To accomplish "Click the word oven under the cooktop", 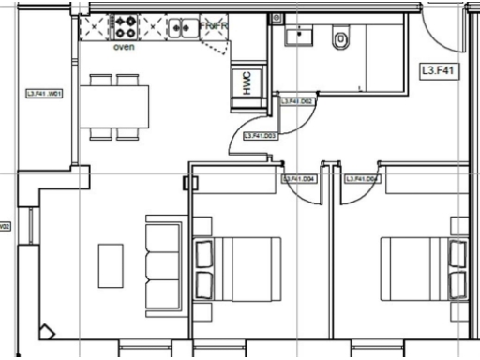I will click(x=124, y=45).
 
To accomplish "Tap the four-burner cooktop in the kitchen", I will click(x=125, y=28).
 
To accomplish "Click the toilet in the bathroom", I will click(x=340, y=39).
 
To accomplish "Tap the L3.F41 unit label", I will click(x=438, y=69).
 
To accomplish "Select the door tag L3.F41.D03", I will click(x=259, y=137).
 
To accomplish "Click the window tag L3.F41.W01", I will click(x=44, y=94).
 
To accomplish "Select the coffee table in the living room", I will click(x=111, y=265).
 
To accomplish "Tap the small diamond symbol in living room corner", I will click(x=46, y=331).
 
